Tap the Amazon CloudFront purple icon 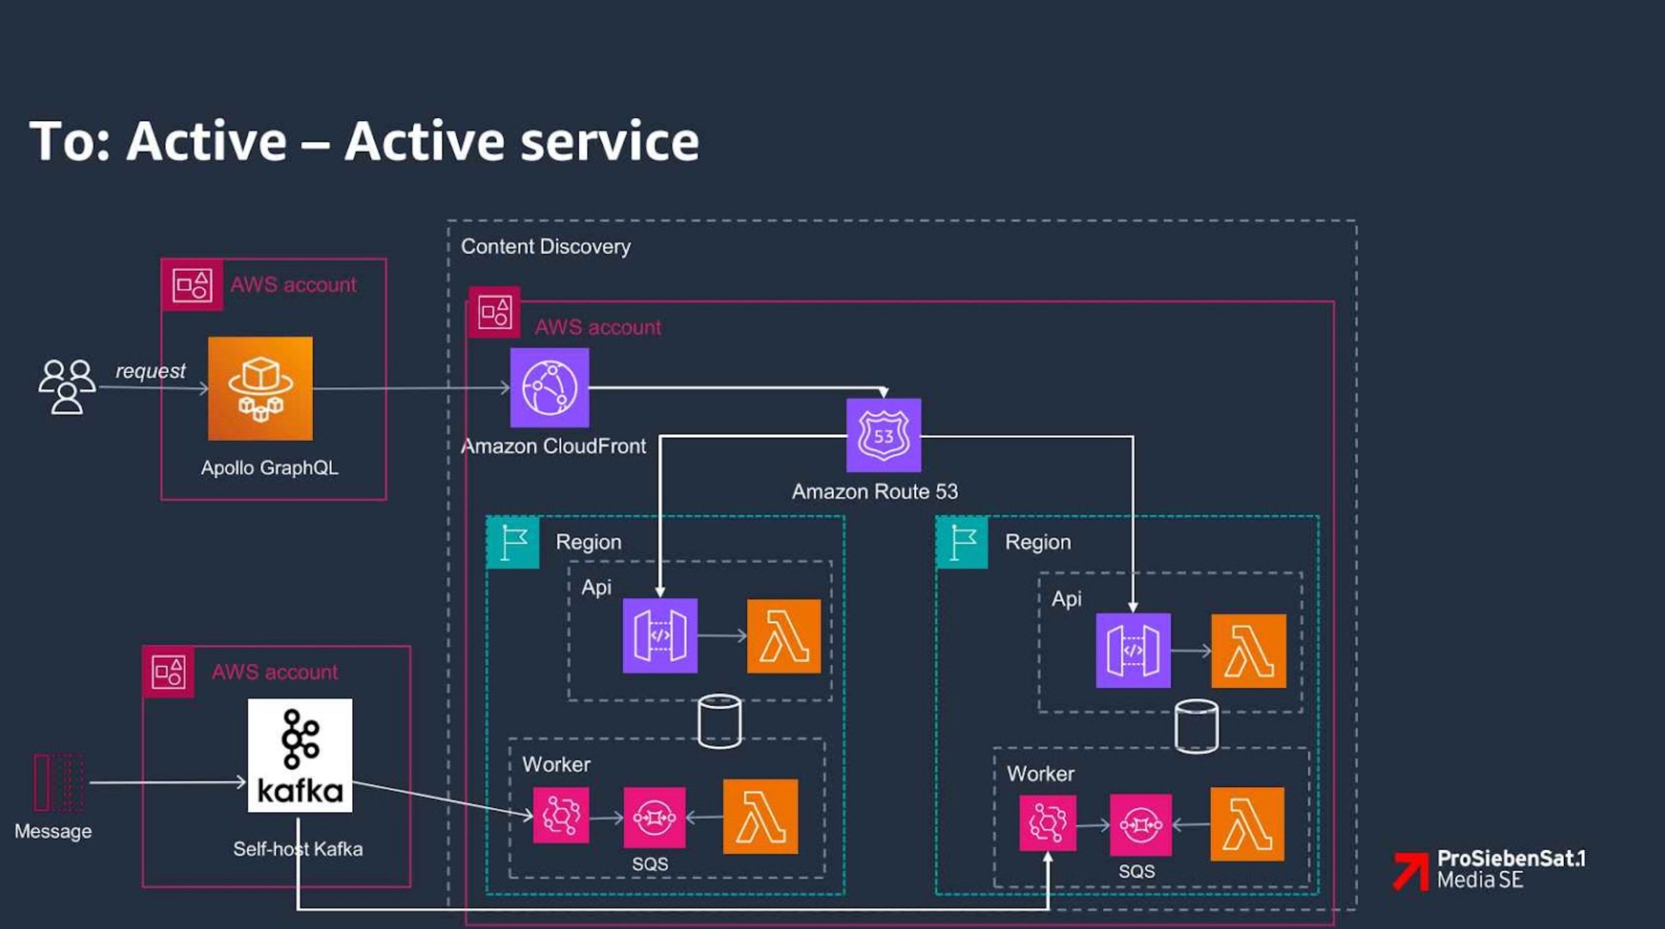pyautogui.click(x=549, y=388)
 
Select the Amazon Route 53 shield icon pyautogui.click(x=883, y=435)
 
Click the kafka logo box pyautogui.click(x=300, y=755)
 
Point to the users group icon pyautogui.click(x=67, y=386)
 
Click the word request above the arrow pyautogui.click(x=150, y=371)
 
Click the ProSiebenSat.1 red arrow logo pyautogui.click(x=1410, y=870)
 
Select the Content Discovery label pyautogui.click(x=546, y=246)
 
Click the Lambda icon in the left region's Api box pyautogui.click(x=783, y=636)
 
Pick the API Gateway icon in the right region pyautogui.click(x=1133, y=650)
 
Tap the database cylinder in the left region pyautogui.click(x=719, y=721)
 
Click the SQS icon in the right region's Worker pyautogui.click(x=1140, y=825)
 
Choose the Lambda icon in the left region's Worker pyautogui.click(x=760, y=817)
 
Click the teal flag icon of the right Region pyautogui.click(x=962, y=542)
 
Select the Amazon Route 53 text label pyautogui.click(x=874, y=492)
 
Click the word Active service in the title pyautogui.click(x=521, y=141)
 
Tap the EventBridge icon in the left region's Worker pyautogui.click(x=560, y=815)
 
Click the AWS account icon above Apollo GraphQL pyautogui.click(x=192, y=285)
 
